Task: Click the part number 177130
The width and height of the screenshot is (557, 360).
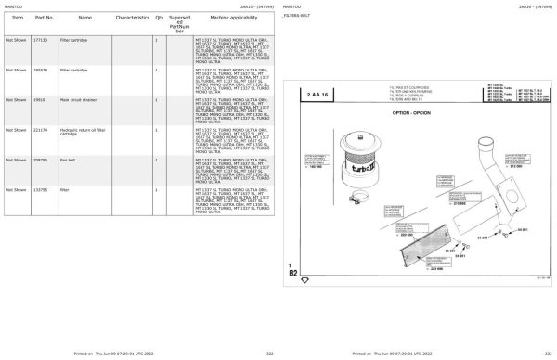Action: pos(40,40)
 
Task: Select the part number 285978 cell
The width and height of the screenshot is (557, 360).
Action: pos(40,70)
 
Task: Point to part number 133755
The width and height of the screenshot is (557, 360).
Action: pos(40,189)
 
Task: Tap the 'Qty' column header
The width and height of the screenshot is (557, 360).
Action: pos(159,17)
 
